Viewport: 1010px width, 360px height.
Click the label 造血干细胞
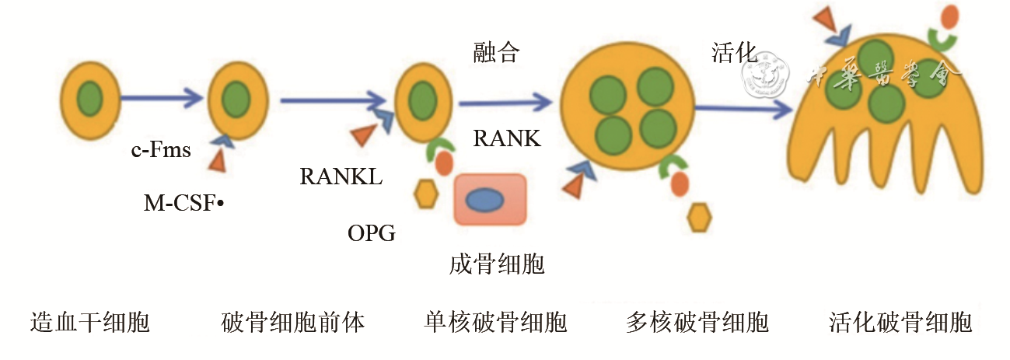tap(89, 321)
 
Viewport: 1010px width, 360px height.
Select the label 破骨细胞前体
tap(293, 321)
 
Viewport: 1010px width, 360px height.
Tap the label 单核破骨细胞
tap(496, 321)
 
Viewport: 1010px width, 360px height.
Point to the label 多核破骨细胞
tap(697, 321)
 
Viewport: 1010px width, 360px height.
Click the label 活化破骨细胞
tap(900, 321)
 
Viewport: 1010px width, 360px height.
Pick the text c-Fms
tap(161, 149)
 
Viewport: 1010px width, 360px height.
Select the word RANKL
tap(341, 177)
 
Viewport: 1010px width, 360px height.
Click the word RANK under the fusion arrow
tap(507, 138)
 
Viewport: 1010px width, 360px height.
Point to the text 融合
tap(496, 53)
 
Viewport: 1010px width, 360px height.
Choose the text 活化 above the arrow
tap(734, 53)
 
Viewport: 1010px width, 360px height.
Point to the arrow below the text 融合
tap(505, 102)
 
